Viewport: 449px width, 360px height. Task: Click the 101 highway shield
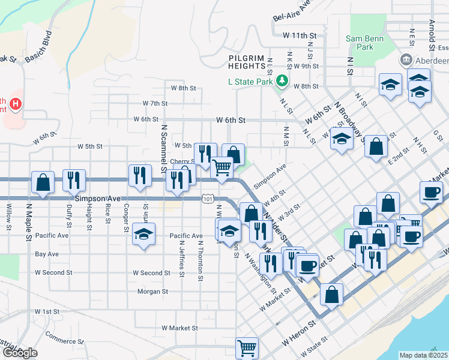(207, 198)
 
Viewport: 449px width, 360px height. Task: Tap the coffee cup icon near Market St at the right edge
(432, 193)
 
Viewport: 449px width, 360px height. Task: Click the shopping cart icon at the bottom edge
(247, 347)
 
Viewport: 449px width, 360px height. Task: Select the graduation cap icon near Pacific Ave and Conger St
(144, 233)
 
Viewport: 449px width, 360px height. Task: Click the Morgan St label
(152, 292)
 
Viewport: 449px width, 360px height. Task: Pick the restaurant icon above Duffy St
(74, 179)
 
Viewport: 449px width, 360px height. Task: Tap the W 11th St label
(300, 36)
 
